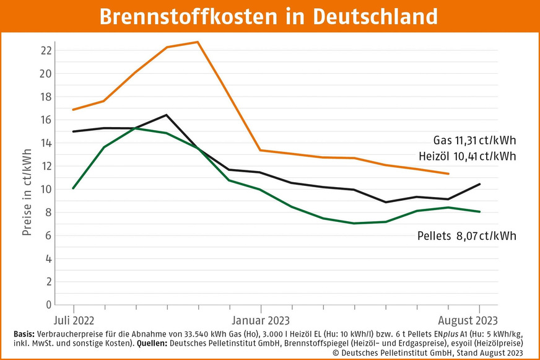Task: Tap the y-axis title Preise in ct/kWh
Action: (27, 173)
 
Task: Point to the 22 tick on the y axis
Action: (45, 50)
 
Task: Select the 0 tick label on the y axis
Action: (48, 305)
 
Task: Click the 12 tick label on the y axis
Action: (45, 166)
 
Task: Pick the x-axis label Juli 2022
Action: (74, 320)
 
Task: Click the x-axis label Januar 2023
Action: (261, 320)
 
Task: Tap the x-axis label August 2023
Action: (469, 320)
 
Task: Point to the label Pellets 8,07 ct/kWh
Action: (466, 235)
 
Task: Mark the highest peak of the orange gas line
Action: (198, 42)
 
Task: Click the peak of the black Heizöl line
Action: (167, 115)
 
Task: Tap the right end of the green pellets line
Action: (480, 212)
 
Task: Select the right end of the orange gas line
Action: (448, 173)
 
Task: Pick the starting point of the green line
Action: (74, 188)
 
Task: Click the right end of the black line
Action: (480, 184)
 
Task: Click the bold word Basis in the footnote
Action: (24, 333)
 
